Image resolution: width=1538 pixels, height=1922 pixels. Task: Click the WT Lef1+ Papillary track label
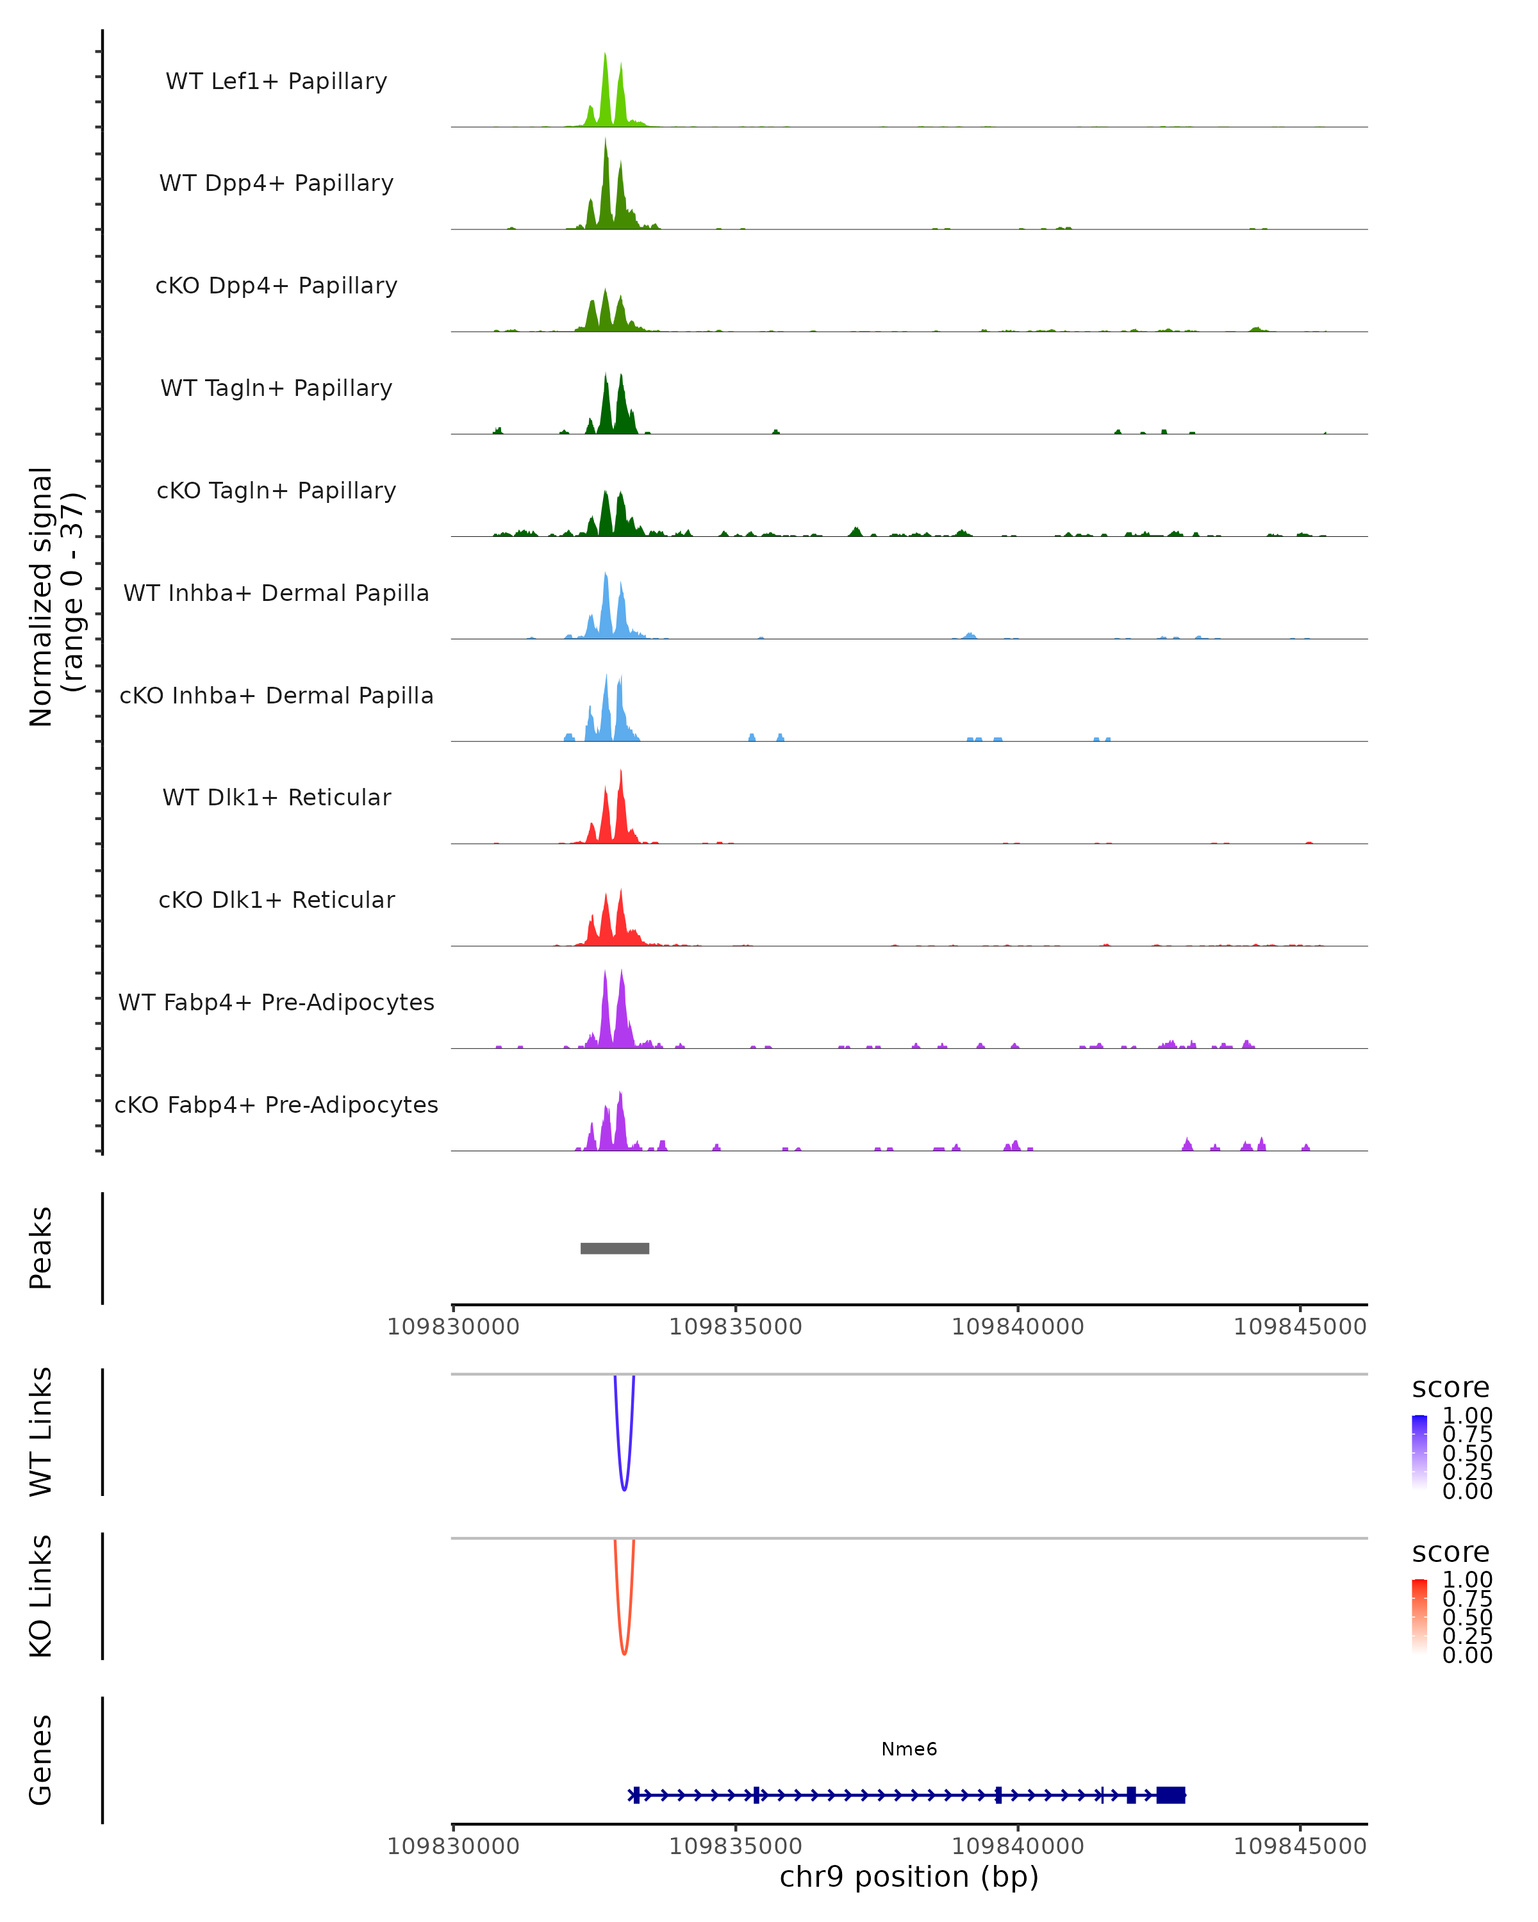click(x=276, y=81)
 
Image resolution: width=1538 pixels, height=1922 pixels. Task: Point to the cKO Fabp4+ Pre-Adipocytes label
click(x=276, y=1105)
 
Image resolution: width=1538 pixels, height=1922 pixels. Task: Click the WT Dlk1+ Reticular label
click(x=276, y=797)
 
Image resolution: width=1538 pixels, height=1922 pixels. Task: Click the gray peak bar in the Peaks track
click(x=615, y=1248)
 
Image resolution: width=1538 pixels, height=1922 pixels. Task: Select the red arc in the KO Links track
click(x=624, y=1652)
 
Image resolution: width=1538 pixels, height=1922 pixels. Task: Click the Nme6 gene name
click(x=909, y=1749)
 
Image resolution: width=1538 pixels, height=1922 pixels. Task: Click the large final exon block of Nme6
click(x=1171, y=1795)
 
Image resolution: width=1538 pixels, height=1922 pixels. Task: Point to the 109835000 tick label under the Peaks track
click(x=736, y=1327)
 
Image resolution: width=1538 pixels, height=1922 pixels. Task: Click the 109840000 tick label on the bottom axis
click(x=1017, y=1846)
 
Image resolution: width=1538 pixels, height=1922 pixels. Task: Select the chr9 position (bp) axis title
click(x=909, y=1877)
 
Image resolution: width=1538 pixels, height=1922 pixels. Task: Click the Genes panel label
click(x=41, y=1760)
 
